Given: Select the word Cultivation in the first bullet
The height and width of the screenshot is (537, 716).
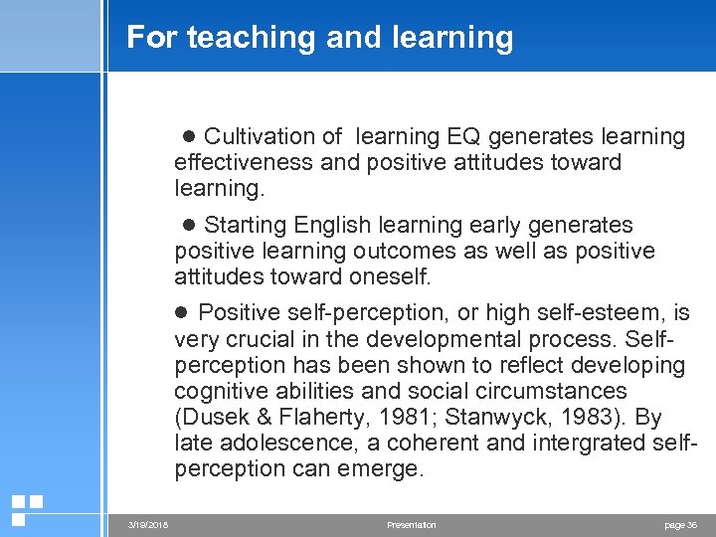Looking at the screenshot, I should coord(260,136).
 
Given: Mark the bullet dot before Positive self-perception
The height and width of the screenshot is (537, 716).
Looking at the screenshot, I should coord(182,314).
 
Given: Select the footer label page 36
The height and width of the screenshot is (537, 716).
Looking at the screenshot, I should coord(680,524).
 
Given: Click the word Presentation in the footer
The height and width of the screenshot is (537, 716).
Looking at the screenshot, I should coord(412,524).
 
